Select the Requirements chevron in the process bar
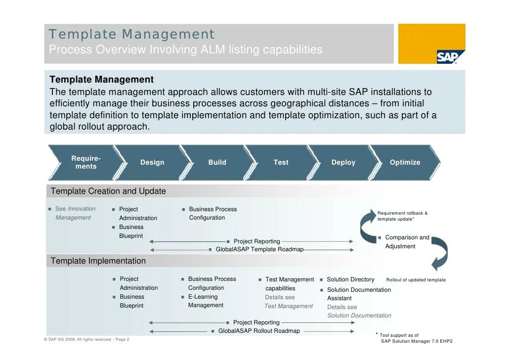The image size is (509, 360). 85,162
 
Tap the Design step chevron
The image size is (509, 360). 152,162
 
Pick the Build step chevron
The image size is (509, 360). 217,162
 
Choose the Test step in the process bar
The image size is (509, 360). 281,162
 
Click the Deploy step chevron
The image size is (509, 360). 343,162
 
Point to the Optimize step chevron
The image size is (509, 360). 405,162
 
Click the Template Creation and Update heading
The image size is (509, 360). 108,191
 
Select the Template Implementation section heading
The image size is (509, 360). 98,261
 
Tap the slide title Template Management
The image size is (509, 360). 131,35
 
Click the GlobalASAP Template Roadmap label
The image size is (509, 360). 259,249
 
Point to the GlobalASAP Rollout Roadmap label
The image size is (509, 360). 259,331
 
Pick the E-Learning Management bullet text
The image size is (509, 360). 206,301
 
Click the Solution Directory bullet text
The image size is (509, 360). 350,279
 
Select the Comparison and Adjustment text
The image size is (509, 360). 407,242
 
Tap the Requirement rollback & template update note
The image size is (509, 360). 402,216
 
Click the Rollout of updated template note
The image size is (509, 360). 416,280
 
